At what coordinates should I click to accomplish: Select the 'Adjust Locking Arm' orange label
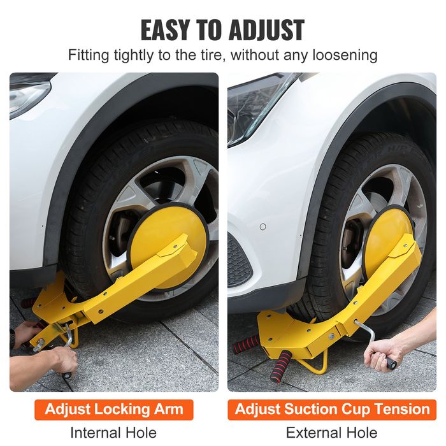pyautogui.click(x=114, y=409)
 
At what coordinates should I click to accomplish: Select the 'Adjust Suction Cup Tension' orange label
pyautogui.click(x=331, y=409)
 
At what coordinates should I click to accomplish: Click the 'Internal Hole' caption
pyautogui.click(x=114, y=433)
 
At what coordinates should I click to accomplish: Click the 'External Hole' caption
pyautogui.click(x=331, y=433)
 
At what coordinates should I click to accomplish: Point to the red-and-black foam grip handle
pyautogui.click(x=281, y=366)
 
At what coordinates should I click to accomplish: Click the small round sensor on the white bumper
pyautogui.click(x=263, y=227)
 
